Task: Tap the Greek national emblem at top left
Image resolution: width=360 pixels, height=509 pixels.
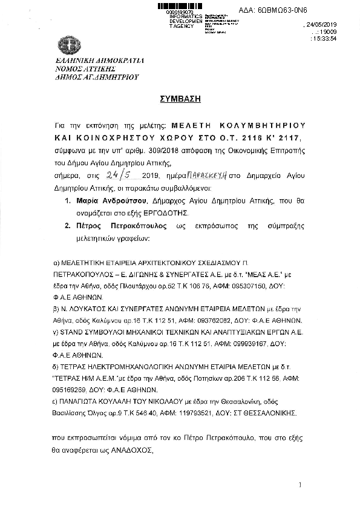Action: (x=67, y=46)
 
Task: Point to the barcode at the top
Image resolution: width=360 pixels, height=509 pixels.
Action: (x=178, y=6)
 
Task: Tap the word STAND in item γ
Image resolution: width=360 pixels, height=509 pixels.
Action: (x=70, y=330)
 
